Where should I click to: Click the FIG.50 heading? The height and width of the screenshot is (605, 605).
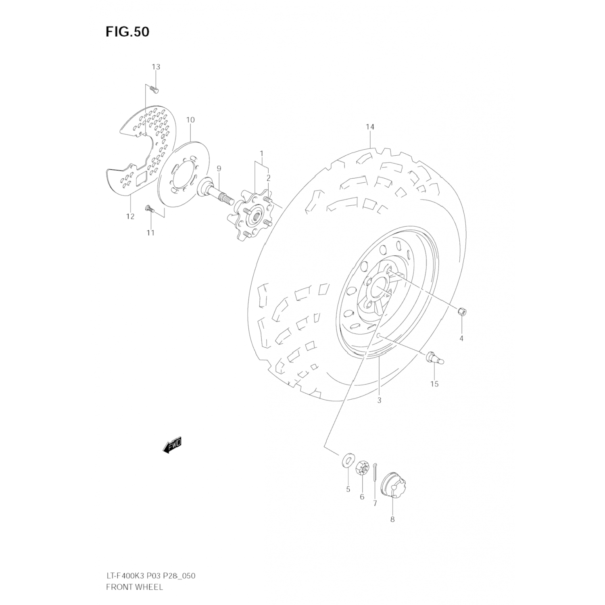click(127, 32)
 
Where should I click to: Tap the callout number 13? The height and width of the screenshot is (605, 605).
click(156, 67)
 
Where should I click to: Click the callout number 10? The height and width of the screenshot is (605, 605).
click(190, 120)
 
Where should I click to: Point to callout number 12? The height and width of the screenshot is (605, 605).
click(130, 217)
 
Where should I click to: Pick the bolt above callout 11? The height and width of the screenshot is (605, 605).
click(150, 209)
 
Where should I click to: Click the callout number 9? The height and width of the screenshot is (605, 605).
click(219, 168)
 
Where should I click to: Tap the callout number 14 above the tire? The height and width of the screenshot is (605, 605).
click(370, 127)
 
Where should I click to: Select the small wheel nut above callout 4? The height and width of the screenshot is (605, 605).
click(463, 311)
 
